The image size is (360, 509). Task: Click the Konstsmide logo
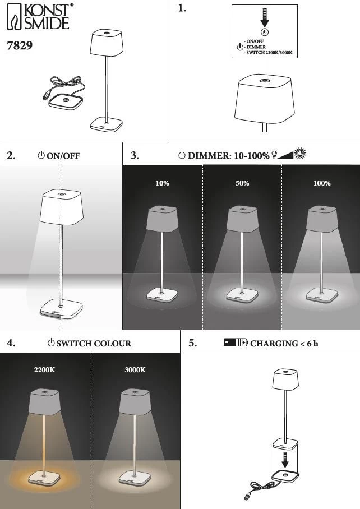pyautogui.click(x=39, y=17)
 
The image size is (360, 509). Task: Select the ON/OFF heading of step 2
pyautogui.click(x=63, y=156)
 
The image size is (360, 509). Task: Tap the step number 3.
pyautogui.click(x=135, y=155)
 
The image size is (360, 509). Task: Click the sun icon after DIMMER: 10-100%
pyautogui.click(x=301, y=154)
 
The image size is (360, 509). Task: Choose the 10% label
pyautogui.click(x=162, y=183)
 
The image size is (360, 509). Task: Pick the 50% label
pyautogui.click(x=242, y=183)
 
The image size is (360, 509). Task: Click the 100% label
pyautogui.click(x=322, y=183)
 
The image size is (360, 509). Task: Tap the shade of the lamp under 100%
pyautogui.click(x=322, y=218)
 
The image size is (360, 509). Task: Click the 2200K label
pyautogui.click(x=44, y=370)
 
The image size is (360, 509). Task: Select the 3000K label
pyautogui.click(x=135, y=370)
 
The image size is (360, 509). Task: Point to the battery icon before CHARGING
pyautogui.click(x=236, y=343)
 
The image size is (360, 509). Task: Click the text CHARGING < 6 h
pyautogui.click(x=284, y=343)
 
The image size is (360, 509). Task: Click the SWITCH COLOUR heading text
pyautogui.click(x=94, y=343)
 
